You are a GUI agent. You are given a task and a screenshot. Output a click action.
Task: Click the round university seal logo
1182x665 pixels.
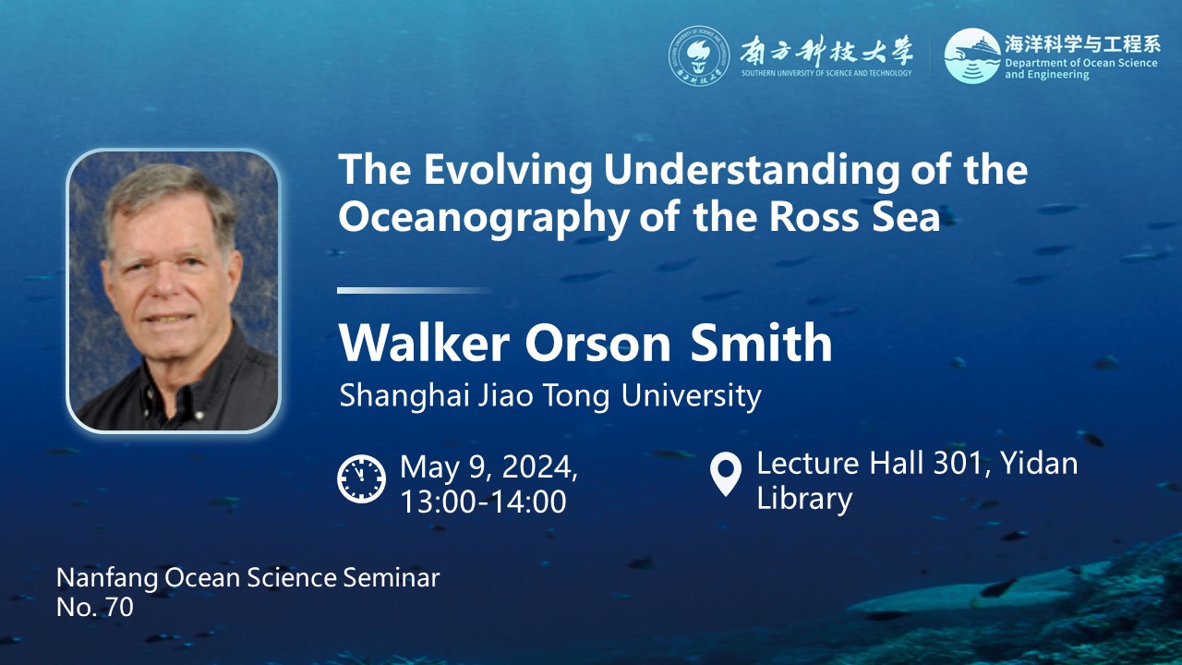tap(699, 56)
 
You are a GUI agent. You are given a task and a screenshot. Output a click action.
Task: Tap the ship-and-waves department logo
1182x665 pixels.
tap(972, 56)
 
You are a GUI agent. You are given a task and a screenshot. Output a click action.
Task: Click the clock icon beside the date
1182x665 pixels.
tap(361, 478)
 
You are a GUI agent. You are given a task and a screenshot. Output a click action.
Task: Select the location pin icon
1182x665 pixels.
tap(726, 474)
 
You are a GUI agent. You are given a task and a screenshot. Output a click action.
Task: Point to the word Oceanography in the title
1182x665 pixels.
tap(484, 218)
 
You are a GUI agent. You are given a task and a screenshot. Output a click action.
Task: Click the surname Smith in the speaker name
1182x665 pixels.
tap(760, 343)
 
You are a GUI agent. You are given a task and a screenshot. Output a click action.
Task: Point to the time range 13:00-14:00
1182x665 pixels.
tap(483, 501)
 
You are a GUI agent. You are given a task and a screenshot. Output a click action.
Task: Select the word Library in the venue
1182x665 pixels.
tap(804, 498)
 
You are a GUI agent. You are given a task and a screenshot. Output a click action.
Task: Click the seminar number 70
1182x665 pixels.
tap(119, 608)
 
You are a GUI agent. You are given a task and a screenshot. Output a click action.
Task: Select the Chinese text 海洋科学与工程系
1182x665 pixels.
tap(1081, 44)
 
